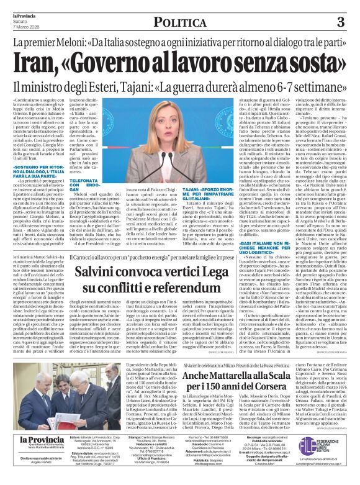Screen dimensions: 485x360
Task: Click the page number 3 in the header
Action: [x=340, y=23]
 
